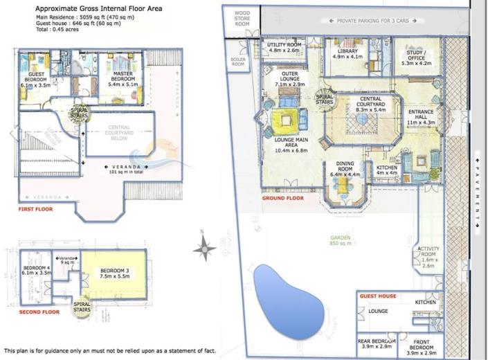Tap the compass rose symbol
[205, 246]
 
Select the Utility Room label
[284, 47]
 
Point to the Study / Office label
[416, 56]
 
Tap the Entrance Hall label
[421, 118]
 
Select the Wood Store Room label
[242, 18]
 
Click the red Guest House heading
[377, 296]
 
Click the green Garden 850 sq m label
[341, 241]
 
